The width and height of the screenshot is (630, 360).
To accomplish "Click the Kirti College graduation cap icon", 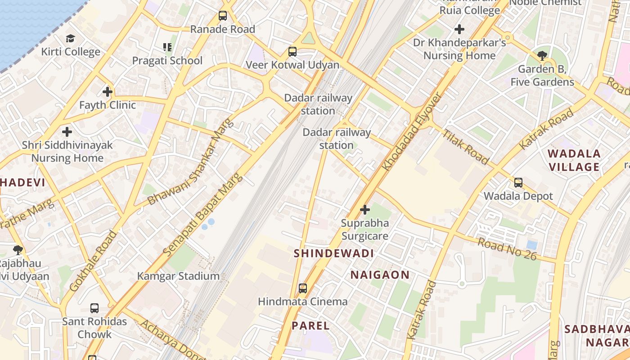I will pos(70,39).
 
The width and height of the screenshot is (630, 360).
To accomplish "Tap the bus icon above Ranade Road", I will pos(222,16).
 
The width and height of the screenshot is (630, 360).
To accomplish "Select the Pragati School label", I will pos(167,60).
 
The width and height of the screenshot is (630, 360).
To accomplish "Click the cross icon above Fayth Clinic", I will pos(107,92).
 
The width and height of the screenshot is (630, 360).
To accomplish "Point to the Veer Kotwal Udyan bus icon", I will pos(292,51).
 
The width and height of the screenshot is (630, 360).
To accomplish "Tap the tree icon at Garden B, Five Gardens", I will pos(542,56).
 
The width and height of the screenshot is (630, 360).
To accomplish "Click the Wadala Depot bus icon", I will pos(518,183).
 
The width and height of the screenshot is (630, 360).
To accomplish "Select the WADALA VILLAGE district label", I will pos(574,160).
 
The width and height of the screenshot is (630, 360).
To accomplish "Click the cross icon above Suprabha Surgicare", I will pos(365,210).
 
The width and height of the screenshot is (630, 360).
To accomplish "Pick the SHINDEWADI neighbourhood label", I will pos(334,253).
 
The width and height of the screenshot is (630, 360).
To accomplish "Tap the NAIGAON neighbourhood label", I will pos(380,275).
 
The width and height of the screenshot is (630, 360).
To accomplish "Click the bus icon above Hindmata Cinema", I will pos(303,288).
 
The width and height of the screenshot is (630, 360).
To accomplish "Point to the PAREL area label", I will pos(310,326).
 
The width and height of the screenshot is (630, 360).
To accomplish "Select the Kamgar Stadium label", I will pos(178,276).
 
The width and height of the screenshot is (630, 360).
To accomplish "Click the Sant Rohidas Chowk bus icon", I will pos(94,308).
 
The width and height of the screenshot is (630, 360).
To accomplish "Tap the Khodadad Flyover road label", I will pos(412,131).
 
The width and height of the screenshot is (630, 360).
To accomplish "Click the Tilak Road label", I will pos(465,147).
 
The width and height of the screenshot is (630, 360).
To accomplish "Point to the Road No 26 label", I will pos(507,248).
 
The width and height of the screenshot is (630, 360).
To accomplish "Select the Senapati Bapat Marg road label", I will pos(203,215).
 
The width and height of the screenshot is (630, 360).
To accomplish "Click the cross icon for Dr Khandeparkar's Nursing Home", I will pos(459,30).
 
